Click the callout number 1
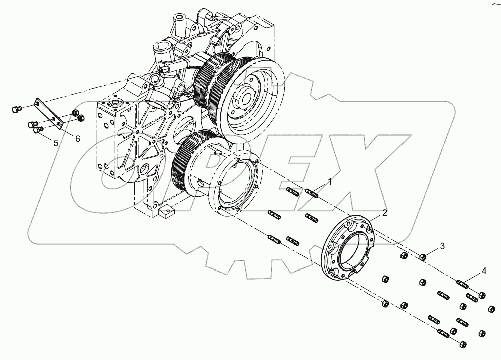(x=330, y=181)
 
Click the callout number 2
(x=384, y=213)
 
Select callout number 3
(x=442, y=246)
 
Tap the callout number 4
(x=484, y=271)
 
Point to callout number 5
(x=56, y=143)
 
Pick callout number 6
(x=78, y=138)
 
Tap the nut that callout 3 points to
(x=423, y=258)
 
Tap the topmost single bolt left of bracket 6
(x=15, y=107)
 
